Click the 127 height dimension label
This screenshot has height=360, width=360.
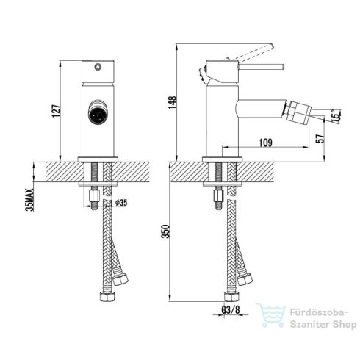(56, 111)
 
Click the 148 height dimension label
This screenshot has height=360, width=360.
(173, 103)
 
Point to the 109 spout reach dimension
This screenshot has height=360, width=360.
(266, 143)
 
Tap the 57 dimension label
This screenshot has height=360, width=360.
(320, 138)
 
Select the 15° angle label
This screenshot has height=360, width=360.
(336, 115)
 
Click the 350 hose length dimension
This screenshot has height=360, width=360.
(166, 231)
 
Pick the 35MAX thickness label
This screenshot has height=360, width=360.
(30, 200)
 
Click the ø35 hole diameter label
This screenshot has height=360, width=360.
(121, 203)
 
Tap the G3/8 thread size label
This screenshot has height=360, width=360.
(231, 310)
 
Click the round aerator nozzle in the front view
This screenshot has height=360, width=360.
(98, 112)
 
